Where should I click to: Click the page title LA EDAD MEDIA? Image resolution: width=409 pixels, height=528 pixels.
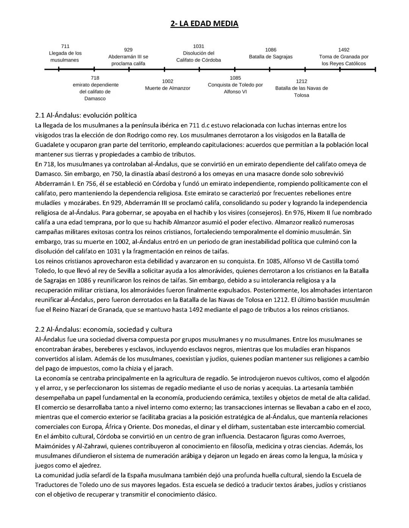[x=204, y=24]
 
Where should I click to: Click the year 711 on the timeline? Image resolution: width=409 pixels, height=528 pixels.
[x=65, y=46]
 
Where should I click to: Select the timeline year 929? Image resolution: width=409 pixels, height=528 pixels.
[x=128, y=50]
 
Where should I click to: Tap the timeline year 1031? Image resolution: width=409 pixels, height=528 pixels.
[x=198, y=46]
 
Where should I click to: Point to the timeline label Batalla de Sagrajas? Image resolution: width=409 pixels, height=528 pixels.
[x=270, y=57]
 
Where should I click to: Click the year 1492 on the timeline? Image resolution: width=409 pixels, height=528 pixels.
[x=343, y=50]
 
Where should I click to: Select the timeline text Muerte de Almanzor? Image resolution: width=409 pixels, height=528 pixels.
[x=167, y=88]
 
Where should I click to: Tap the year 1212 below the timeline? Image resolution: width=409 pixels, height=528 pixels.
[x=301, y=81]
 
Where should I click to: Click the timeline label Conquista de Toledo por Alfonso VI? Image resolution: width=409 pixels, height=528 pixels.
[x=235, y=88]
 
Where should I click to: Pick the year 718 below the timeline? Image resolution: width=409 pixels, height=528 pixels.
[x=95, y=78]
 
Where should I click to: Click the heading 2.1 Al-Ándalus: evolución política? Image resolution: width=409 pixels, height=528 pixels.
[x=86, y=115]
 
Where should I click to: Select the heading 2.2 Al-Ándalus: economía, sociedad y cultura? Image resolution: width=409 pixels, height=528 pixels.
[x=103, y=329]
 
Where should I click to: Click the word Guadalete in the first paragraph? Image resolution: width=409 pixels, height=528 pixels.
[x=49, y=145]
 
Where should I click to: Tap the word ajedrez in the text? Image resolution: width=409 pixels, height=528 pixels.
[x=90, y=465]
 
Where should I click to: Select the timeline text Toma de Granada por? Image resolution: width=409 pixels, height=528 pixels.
[x=343, y=57]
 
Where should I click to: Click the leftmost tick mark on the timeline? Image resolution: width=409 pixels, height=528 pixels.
[x=59, y=69]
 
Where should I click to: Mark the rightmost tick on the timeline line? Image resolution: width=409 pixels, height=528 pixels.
[x=375, y=69]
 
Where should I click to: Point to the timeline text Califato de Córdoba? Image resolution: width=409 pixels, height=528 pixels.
[x=198, y=60]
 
